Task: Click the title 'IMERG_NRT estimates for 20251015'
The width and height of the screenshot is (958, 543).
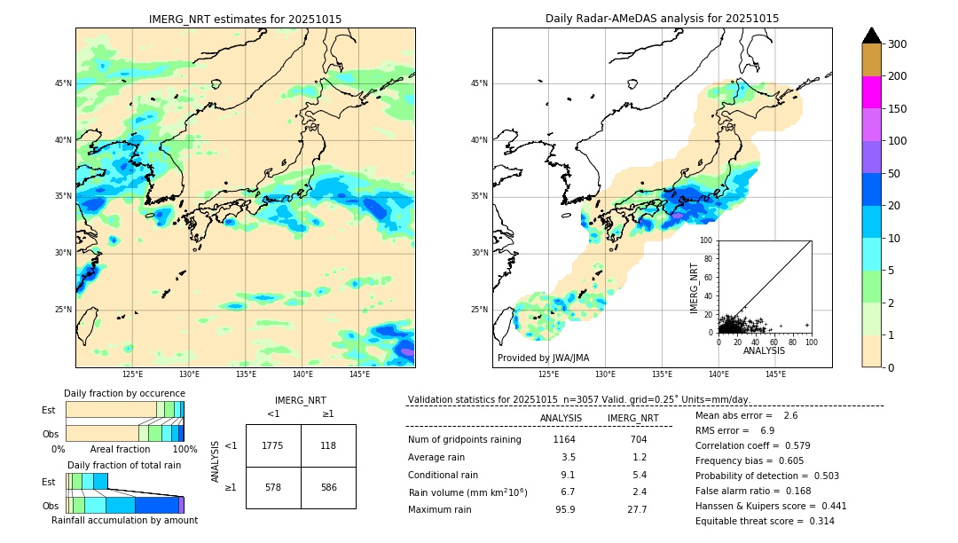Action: [x=245, y=19]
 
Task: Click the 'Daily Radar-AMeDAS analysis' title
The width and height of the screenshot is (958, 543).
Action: [x=662, y=19]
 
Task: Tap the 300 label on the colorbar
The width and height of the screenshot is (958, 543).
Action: [x=897, y=44]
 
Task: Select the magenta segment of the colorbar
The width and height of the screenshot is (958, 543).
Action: [x=871, y=92]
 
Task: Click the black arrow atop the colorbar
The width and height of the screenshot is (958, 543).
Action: [x=871, y=35]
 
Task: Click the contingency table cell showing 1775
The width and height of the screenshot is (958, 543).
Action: [x=273, y=445]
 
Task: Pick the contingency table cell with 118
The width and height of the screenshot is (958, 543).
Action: [x=328, y=445]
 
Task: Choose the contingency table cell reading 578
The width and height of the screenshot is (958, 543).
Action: [x=273, y=488]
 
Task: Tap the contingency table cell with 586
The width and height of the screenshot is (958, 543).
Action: [x=328, y=488]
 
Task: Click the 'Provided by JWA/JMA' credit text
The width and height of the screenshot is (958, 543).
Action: [x=543, y=358]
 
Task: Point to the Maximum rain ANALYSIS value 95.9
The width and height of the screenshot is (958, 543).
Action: [x=565, y=509]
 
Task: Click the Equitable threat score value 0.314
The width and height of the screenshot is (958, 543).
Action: [x=817, y=521]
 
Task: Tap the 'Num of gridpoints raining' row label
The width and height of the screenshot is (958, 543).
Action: [x=465, y=439]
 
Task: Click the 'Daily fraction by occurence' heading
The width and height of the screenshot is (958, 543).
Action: [x=124, y=393]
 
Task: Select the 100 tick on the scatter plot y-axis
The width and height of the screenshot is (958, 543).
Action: [x=707, y=240]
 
